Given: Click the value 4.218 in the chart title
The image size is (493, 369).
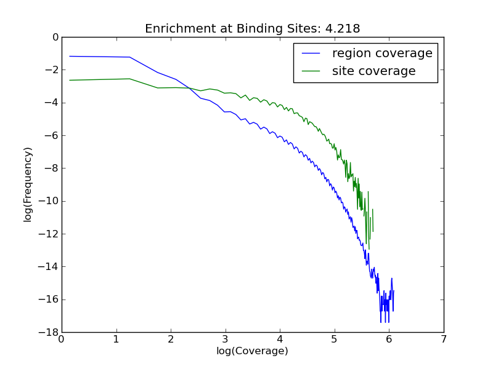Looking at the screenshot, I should (x=344, y=29).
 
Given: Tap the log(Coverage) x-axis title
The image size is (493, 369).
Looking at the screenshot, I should (x=252, y=351).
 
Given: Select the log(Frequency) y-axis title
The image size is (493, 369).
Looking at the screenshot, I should (x=28, y=184).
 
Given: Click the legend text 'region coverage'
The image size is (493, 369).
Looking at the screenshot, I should (x=382, y=54).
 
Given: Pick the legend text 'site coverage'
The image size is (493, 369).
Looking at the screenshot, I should (x=373, y=71).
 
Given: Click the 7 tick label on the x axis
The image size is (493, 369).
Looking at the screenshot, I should (x=443, y=339).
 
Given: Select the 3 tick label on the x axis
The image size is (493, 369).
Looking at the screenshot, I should (x=225, y=339).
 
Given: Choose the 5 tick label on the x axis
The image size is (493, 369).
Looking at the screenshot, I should (x=334, y=339).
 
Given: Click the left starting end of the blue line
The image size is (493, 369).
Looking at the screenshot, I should (x=70, y=56).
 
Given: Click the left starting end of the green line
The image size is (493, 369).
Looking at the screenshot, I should (x=70, y=80).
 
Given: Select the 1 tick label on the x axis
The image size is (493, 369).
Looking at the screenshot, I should (x=116, y=339).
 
